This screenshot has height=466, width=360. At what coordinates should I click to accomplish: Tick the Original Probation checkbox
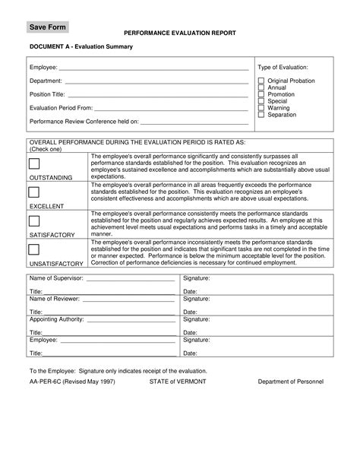tap(261, 81)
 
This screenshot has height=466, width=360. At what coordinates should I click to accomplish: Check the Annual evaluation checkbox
tap(261, 87)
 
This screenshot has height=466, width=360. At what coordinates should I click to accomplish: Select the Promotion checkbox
tap(261, 94)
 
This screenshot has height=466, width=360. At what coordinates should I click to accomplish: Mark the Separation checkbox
tap(261, 115)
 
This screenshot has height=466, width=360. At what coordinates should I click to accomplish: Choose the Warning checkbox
tap(261, 108)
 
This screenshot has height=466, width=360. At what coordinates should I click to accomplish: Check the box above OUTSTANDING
tap(34, 165)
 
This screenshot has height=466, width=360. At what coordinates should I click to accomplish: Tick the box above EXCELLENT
tap(34, 193)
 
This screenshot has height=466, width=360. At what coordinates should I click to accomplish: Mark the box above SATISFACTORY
tap(34, 221)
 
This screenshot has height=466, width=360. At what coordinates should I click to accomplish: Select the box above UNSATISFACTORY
tap(34, 249)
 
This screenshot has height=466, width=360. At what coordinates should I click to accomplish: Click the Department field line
tap(156, 81)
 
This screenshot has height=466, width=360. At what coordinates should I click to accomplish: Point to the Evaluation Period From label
tap(60, 108)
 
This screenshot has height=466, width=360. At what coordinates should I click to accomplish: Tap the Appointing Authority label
tap(55, 320)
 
